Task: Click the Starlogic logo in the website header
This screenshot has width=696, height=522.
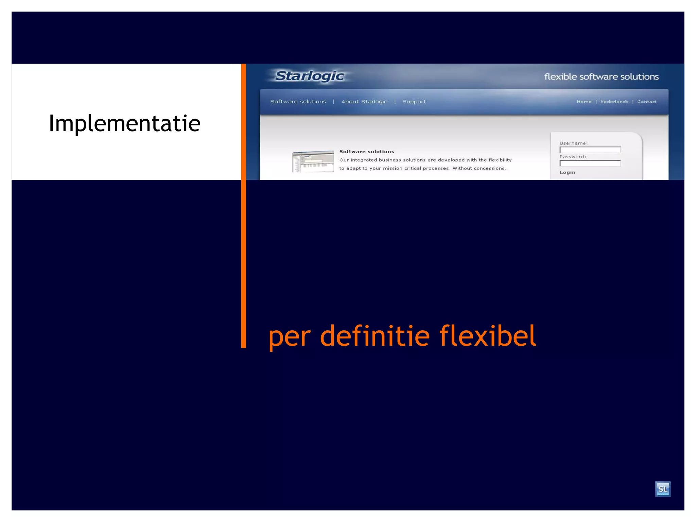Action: click(x=310, y=76)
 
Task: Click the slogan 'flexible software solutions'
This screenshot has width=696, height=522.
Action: click(x=601, y=77)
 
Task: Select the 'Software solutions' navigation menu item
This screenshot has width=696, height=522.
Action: click(x=298, y=102)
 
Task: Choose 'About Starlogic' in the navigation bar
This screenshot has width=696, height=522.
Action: click(x=364, y=102)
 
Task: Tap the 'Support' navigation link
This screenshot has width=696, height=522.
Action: click(x=414, y=102)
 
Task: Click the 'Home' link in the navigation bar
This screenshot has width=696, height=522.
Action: click(x=584, y=102)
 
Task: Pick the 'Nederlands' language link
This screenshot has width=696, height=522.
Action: click(x=614, y=102)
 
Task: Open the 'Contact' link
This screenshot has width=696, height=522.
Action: click(x=647, y=102)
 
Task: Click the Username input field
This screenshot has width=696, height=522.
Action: click(x=590, y=150)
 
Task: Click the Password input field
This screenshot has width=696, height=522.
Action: click(x=590, y=163)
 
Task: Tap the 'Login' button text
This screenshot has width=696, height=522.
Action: click(x=567, y=172)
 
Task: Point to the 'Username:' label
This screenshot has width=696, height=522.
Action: click(x=573, y=143)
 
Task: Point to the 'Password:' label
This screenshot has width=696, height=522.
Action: click(x=573, y=157)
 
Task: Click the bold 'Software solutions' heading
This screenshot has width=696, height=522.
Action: click(x=367, y=152)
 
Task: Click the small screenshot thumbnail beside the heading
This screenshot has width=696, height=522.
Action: click(x=313, y=161)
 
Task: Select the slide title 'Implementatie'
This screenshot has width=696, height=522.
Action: click(x=125, y=123)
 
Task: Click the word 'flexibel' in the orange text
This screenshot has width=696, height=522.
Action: click(x=488, y=336)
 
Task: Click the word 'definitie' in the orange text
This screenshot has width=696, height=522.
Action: click(x=375, y=336)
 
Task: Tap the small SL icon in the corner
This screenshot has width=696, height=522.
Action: click(x=663, y=489)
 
